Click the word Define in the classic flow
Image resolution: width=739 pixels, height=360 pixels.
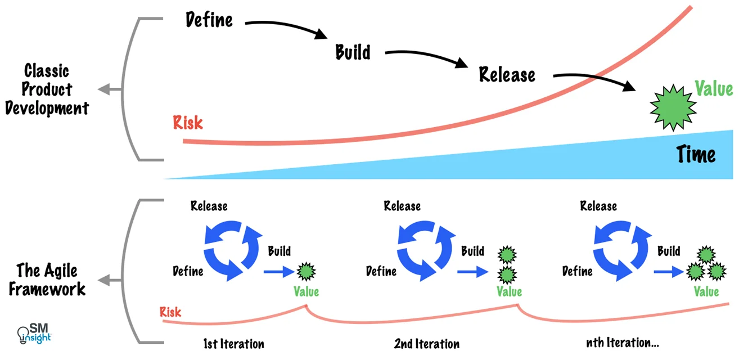209,20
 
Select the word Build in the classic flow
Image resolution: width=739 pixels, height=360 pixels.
353,52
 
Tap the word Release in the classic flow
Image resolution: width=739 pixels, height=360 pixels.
507,74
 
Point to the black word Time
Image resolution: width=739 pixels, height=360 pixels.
696,154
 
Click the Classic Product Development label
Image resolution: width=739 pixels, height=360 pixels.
47,89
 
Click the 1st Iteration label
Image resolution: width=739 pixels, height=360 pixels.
233,343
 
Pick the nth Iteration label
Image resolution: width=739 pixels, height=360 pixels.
622,343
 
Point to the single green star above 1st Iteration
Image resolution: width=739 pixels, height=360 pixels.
307,272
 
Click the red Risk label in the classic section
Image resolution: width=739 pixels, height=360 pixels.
188,122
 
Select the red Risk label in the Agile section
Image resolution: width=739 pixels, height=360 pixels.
170,312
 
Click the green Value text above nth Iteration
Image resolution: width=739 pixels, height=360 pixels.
706,292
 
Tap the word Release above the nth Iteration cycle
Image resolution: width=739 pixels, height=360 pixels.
598,206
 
